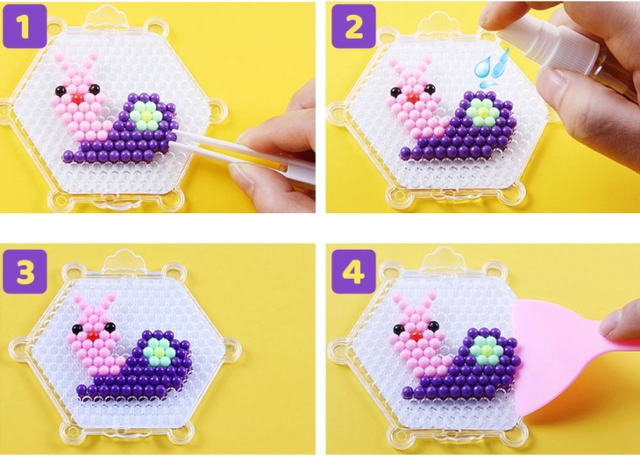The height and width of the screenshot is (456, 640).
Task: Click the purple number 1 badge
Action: coord(25,26)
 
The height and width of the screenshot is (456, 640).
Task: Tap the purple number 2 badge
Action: coord(353,26)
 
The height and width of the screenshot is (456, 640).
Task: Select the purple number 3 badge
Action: coord(25,272)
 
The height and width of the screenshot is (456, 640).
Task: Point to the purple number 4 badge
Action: coord(353,272)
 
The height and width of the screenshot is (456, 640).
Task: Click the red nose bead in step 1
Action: coord(77,98)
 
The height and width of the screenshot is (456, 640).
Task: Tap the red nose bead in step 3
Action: coord(94,336)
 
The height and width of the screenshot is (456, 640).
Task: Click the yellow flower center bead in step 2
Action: coord(483,112)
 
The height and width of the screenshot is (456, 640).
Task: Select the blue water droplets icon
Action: coord(492,68)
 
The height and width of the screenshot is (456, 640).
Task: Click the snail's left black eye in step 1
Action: coord(60,91)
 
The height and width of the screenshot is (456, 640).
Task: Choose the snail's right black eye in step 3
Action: coord(110,326)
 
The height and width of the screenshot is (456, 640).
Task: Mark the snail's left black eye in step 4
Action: coord(399,329)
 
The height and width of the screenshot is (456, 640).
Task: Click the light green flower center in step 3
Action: coord(159,352)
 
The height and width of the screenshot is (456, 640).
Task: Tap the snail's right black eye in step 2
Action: coord(430,89)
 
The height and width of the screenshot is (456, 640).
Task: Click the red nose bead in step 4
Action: coord(416,336)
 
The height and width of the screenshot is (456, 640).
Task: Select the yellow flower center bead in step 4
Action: coord(486,350)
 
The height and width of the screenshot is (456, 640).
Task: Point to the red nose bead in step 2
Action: coord(413,98)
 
